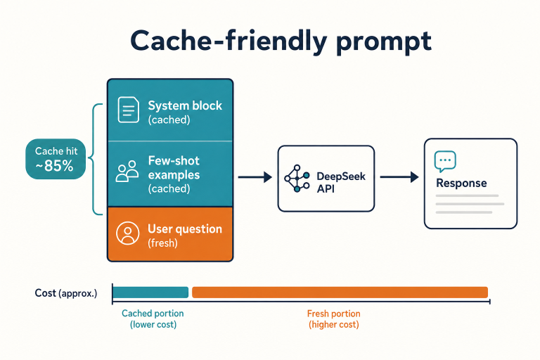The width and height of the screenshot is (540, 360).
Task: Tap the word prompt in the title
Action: (x=384, y=43)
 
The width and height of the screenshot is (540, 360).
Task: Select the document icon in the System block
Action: (x=129, y=110)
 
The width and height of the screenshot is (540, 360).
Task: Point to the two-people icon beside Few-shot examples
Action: (x=127, y=171)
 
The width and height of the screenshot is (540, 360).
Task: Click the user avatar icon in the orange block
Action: (x=128, y=233)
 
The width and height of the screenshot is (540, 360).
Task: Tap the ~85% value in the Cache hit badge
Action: (x=54, y=166)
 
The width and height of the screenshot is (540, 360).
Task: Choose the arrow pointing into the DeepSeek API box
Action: (x=255, y=177)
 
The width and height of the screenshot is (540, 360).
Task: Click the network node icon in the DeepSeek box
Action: (x=297, y=178)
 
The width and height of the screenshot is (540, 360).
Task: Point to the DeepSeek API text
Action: (x=341, y=183)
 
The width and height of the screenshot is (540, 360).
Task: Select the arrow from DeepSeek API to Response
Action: (x=399, y=177)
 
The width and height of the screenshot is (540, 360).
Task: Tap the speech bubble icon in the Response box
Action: (x=445, y=161)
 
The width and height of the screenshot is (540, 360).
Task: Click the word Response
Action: (x=461, y=183)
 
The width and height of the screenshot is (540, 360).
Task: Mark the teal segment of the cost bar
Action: (x=150, y=292)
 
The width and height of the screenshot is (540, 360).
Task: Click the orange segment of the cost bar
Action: (x=340, y=292)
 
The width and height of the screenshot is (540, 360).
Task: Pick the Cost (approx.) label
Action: (x=66, y=293)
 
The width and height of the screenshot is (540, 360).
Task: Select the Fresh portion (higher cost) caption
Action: (x=334, y=319)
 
